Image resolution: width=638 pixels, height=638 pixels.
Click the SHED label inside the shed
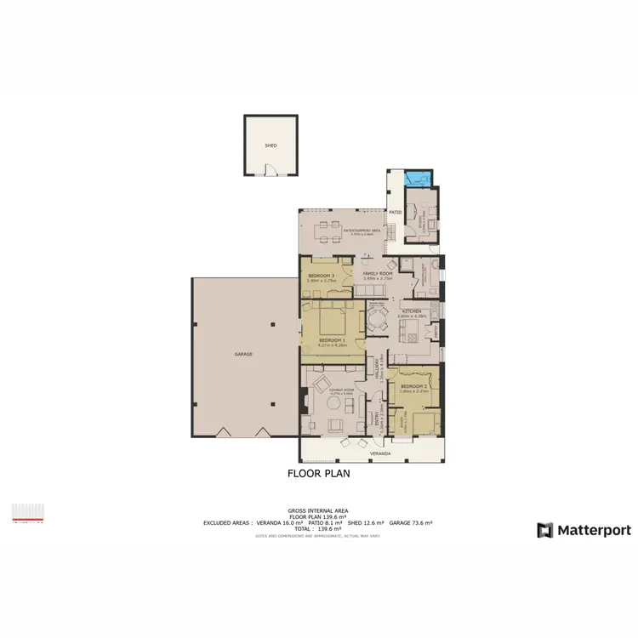(271, 145)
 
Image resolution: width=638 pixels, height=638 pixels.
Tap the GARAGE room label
(244, 354)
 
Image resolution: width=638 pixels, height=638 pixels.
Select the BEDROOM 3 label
(321, 276)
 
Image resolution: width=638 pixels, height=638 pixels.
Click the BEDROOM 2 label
(414, 387)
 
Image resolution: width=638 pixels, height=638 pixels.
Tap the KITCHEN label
(410, 312)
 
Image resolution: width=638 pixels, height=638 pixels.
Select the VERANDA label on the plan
(379, 454)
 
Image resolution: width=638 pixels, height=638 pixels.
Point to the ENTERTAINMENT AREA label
(361, 231)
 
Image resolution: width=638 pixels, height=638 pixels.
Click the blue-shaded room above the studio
(417, 179)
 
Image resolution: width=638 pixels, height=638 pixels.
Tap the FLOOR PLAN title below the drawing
(319, 474)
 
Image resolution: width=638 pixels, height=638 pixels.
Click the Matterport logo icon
(544, 530)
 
